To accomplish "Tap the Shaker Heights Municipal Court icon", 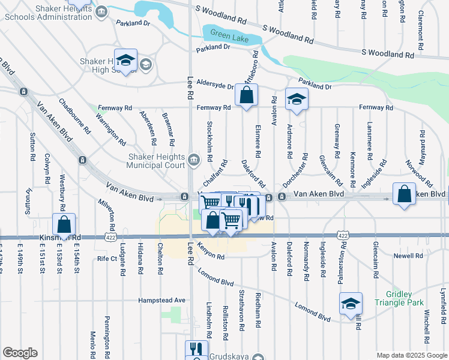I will click(194, 159).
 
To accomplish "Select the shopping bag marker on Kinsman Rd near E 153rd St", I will click(64, 226).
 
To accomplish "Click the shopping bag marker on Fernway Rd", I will click(246, 95).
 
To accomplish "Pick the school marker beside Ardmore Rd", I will click(296, 100).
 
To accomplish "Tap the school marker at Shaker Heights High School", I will click(126, 60).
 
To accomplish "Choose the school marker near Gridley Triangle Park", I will click(351, 304).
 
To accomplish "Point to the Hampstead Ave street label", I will click(162, 300).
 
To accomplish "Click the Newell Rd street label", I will click(409, 256).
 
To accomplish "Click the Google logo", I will click(20, 353).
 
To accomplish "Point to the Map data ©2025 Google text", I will click(412, 355).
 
